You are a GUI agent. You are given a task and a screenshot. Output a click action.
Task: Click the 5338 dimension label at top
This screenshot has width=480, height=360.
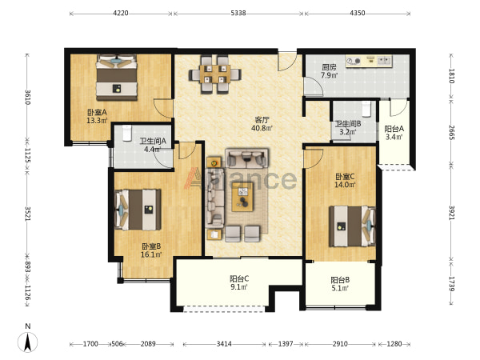coord(238,13)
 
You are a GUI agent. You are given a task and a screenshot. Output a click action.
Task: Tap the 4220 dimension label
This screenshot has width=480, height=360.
coord(121,13)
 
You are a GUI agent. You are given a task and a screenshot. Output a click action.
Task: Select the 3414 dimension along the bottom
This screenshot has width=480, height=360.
coord(224,344)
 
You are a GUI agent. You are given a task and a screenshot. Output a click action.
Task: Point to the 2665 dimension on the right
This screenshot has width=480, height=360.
coord(451,132)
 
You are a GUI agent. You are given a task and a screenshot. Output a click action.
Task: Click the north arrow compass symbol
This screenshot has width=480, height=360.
coord(27,342)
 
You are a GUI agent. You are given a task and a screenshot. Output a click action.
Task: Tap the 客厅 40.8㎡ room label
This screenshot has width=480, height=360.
coord(262,124)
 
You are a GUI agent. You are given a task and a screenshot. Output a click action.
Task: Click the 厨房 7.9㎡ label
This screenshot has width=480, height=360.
coord(329,71)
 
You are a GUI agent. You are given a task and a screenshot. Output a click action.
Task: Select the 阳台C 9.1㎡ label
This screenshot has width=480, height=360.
coord(239,282)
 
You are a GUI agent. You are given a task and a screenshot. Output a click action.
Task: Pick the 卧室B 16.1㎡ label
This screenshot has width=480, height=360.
coord(151,250)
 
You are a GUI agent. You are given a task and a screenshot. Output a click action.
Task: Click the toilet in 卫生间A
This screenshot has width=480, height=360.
coord(127,133)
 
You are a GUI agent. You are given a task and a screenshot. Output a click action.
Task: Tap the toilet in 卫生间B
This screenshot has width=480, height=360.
coord(366,109)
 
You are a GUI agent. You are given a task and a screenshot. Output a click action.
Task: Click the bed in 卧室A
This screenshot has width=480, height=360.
coord(116,78)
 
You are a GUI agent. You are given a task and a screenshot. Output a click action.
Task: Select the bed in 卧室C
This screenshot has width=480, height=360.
coord(352,226)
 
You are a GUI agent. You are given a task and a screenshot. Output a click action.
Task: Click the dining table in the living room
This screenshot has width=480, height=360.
coord(215,74)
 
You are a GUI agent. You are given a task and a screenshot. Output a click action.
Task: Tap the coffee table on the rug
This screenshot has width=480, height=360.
coord(242,197)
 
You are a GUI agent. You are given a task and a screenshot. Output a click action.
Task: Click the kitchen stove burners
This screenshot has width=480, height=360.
coord(354,62)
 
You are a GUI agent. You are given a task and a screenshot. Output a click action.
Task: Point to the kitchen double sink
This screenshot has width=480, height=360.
coord(385,60)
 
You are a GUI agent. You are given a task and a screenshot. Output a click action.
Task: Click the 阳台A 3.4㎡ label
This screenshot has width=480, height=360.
coord(394,133)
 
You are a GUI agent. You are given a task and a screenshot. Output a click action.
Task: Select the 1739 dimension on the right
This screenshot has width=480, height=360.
coord(451,284)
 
